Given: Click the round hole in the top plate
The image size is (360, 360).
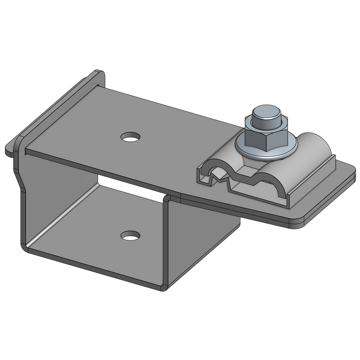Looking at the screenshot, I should point(131,136).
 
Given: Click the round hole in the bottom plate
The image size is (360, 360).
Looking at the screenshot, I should point(130,236).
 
